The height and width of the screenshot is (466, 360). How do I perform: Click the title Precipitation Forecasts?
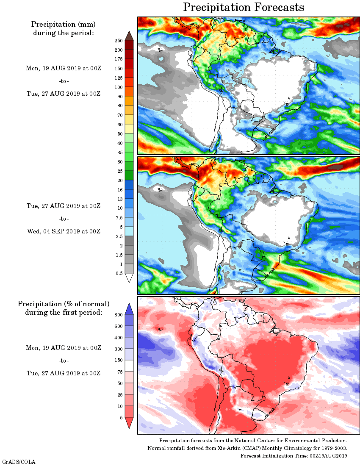tap(244, 7)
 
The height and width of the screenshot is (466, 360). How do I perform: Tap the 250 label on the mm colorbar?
tap(119, 41)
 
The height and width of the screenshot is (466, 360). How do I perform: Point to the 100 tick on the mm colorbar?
tap(119, 87)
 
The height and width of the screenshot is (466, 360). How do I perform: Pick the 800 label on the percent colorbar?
tap(119, 315)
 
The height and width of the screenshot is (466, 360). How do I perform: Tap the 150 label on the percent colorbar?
tap(119, 360)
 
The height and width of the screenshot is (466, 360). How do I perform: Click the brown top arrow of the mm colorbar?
tap(129, 36)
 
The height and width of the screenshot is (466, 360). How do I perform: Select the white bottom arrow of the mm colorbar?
tap(129, 278)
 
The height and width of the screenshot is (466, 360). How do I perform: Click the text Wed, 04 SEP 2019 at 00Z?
tap(64, 231)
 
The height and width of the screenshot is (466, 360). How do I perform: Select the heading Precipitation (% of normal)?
tap(64, 304)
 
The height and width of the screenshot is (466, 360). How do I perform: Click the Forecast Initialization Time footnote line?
tap(294, 455)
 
